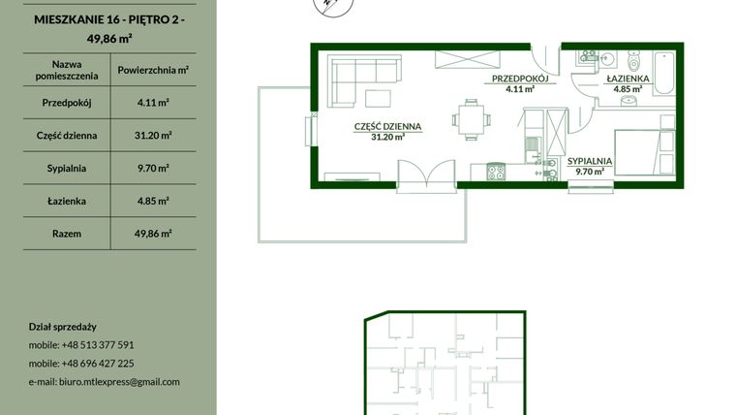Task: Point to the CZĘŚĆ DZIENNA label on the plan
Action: (x=387, y=126)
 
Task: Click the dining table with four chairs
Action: (x=470, y=119)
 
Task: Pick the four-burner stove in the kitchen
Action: (x=495, y=174)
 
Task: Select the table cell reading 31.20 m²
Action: (x=152, y=135)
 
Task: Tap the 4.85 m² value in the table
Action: (x=152, y=201)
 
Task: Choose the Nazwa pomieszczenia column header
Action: (x=66, y=70)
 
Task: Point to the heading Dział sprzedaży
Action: (x=62, y=327)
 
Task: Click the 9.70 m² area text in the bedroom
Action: (x=590, y=172)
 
